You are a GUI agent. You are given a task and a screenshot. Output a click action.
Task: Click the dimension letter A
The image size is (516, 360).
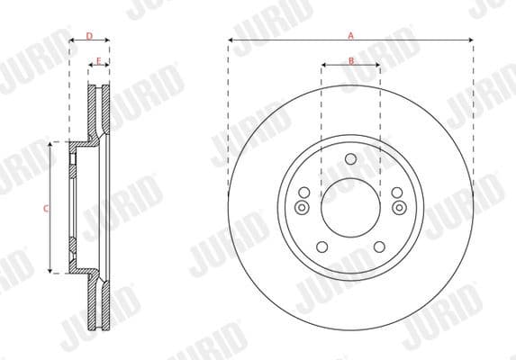pyautogui.click(x=351, y=35)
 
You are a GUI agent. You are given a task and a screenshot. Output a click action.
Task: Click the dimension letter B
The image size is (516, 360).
pyautogui.click(x=351, y=60)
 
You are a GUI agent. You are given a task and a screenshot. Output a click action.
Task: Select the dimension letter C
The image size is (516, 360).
pyautogui.click(x=47, y=208)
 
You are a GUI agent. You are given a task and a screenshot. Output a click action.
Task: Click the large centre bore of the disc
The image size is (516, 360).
pyautogui.click(x=350, y=206)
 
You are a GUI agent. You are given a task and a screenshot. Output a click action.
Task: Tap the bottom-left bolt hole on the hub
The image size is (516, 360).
pyautogui.click(x=322, y=247)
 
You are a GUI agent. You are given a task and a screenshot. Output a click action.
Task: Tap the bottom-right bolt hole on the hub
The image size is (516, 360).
pyautogui.click(x=379, y=247)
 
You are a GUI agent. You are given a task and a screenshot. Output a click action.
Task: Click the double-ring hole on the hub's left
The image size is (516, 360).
pyautogui.click(x=303, y=209)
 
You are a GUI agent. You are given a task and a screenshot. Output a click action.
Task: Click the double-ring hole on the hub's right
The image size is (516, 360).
pyautogui.click(x=398, y=209)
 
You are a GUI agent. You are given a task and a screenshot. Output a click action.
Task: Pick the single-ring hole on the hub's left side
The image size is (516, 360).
pyautogui.click(x=304, y=193)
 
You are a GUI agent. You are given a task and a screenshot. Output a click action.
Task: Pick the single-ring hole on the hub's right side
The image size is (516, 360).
pyautogui.click(x=397, y=193)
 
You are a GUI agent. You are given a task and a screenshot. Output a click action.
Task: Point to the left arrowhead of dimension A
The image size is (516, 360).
pyautogui.click(x=231, y=40)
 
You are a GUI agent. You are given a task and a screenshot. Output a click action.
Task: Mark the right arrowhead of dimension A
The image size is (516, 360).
pyautogui.click(x=471, y=40)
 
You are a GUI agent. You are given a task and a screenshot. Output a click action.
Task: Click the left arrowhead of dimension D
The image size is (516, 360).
pyautogui.click(x=72, y=40)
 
